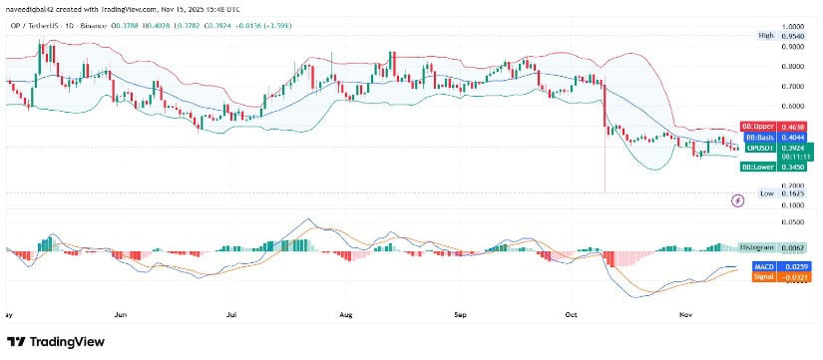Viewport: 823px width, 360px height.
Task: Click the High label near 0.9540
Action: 766,35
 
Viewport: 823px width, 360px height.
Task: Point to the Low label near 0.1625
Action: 766,192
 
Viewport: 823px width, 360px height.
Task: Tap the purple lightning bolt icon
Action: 737,200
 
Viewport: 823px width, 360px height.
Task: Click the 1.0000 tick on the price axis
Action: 792,27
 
